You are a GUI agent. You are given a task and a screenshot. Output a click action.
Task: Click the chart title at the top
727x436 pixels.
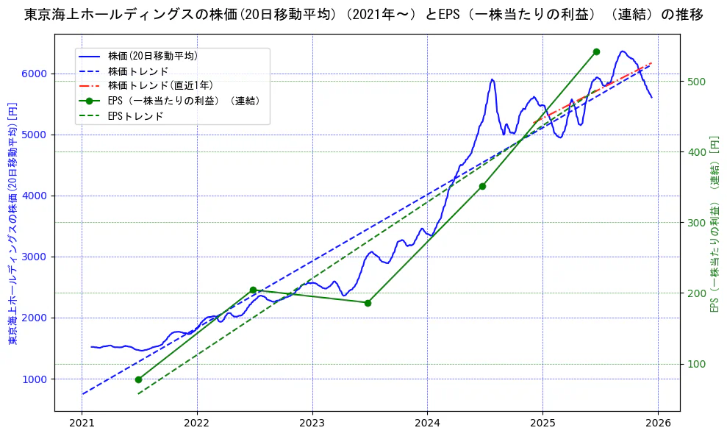tap(363, 15)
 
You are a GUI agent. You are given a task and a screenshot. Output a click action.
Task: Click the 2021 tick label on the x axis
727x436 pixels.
tap(82, 424)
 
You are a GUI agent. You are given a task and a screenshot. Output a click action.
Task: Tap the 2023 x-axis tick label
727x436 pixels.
tap(312, 424)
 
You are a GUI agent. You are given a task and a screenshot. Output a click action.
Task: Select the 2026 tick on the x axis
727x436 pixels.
tap(658, 424)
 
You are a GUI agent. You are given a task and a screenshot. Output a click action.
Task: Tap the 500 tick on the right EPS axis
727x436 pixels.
tap(695, 82)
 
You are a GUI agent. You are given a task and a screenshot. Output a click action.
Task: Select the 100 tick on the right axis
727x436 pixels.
tap(695, 364)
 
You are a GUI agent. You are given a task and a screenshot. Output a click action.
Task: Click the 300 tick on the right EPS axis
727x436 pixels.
tap(695, 223)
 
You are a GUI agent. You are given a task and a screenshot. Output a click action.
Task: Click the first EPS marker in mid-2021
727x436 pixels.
tap(138, 379)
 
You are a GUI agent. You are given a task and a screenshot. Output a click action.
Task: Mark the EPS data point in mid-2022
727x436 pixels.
tap(253, 290)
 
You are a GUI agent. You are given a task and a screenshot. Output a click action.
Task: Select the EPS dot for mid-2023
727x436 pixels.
tap(368, 303)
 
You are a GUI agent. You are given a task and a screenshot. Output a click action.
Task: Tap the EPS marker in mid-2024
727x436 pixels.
tap(482, 186)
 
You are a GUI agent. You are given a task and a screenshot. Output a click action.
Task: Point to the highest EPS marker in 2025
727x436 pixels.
tap(596, 51)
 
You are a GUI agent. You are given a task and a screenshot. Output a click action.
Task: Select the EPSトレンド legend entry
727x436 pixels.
tap(135, 116)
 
